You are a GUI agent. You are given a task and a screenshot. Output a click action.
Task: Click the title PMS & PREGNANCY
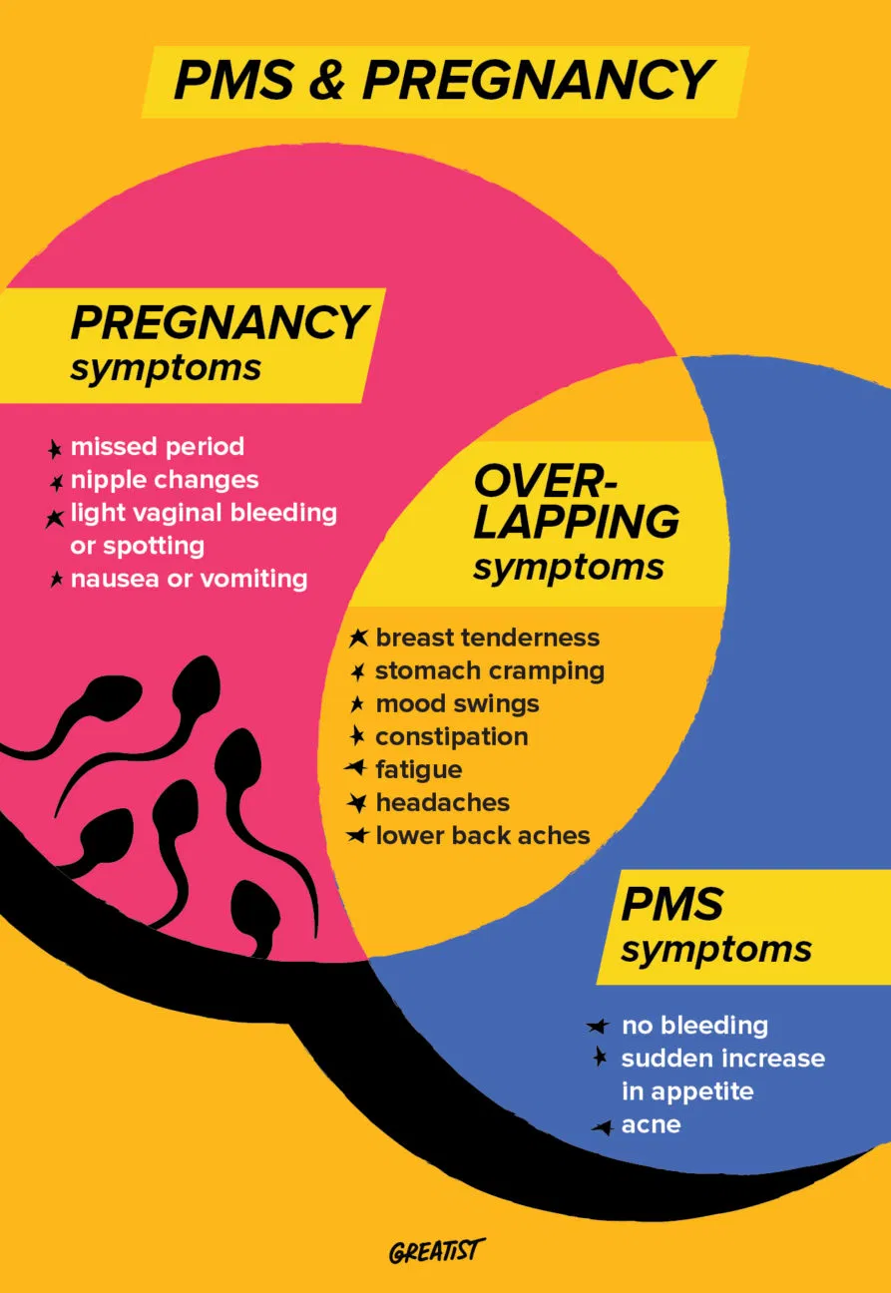click(x=444, y=80)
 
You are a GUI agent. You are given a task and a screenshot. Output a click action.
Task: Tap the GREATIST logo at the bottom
click(x=437, y=1251)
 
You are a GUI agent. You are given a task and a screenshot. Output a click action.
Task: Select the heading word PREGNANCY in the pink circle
click(x=219, y=322)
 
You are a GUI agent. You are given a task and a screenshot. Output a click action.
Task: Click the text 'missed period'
click(x=157, y=446)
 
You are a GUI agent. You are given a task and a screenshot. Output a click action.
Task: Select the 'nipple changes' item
click(x=164, y=480)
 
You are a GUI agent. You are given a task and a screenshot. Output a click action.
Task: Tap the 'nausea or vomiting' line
click(x=189, y=579)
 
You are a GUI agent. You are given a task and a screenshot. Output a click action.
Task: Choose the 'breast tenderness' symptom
click(x=487, y=638)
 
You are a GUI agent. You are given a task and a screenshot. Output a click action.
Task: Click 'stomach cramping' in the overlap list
click(x=489, y=670)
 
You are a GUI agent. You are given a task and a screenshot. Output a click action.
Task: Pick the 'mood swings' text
click(x=457, y=703)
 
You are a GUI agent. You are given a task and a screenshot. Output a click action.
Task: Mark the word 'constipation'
click(x=451, y=737)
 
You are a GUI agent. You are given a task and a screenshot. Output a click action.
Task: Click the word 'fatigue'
click(x=418, y=769)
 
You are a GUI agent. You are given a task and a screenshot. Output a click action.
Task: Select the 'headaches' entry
click(x=442, y=802)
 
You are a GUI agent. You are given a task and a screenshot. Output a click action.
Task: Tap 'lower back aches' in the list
click(x=482, y=835)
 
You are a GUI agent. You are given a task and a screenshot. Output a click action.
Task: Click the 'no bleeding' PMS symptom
click(x=694, y=1025)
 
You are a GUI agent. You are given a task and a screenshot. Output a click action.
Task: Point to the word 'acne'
click(x=651, y=1124)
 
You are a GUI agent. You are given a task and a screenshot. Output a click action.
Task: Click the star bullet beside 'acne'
click(x=602, y=1127)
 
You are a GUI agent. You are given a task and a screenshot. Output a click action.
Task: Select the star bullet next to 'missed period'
click(x=56, y=449)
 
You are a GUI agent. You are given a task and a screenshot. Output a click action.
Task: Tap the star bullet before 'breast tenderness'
click(x=358, y=638)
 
